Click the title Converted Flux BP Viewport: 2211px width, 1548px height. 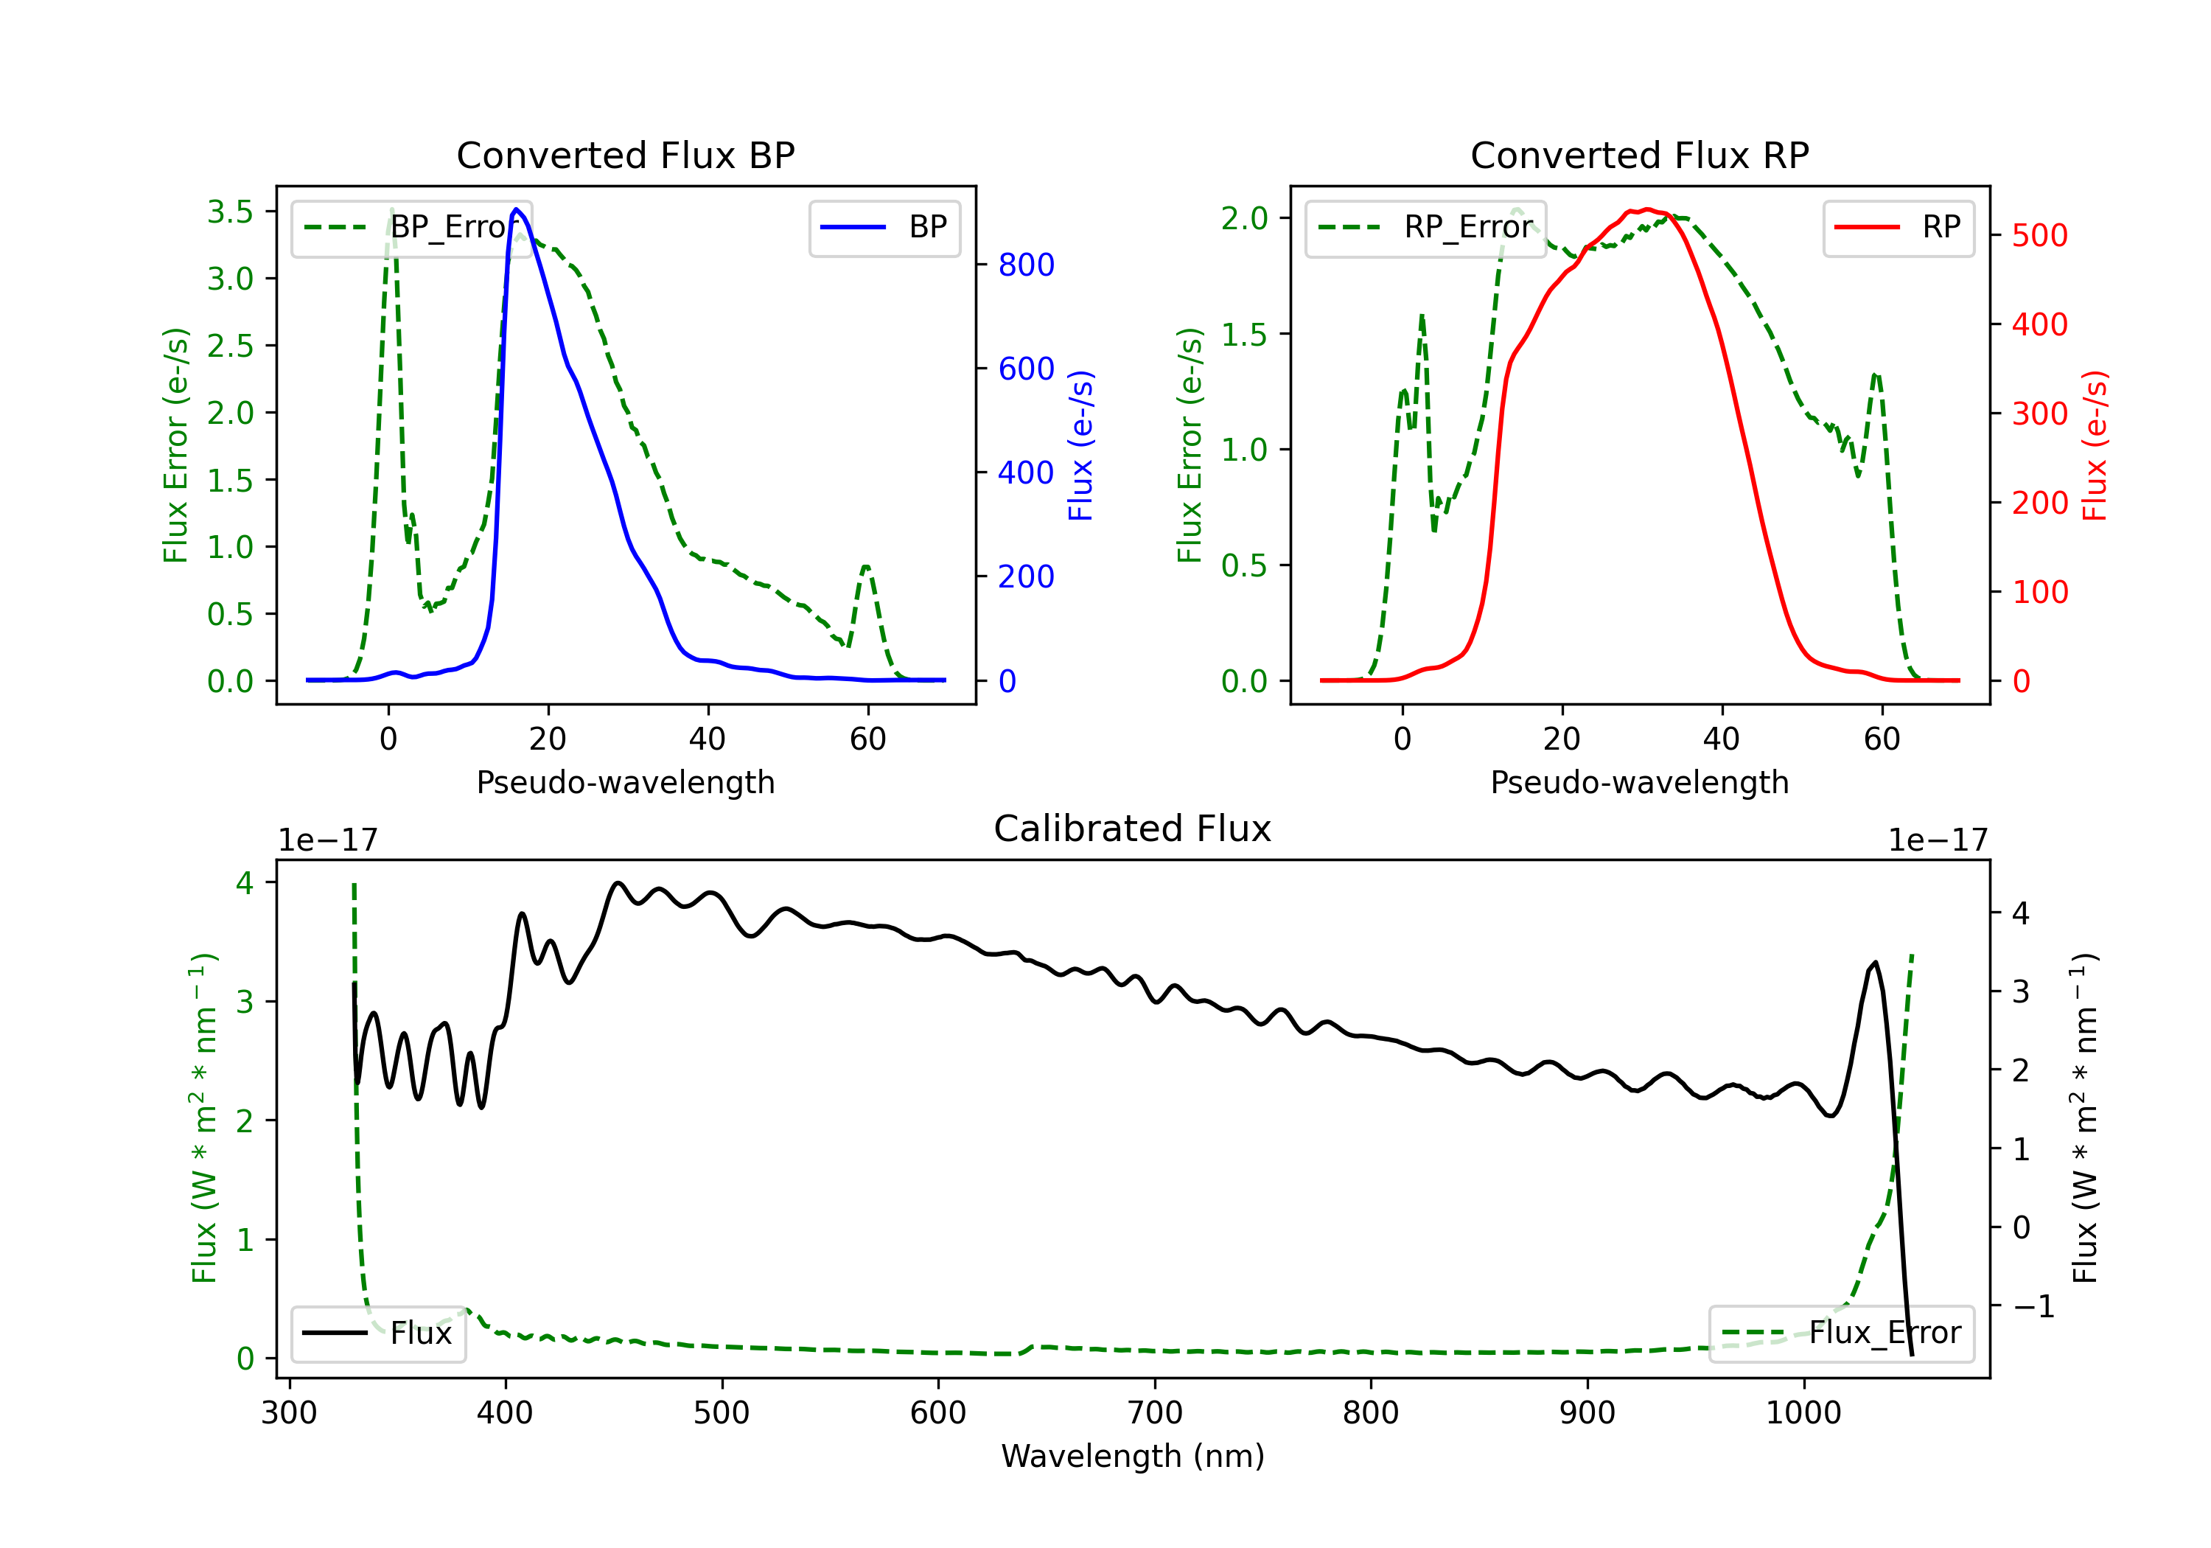[x=625, y=155]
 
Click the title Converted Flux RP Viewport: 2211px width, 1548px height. [x=1639, y=155]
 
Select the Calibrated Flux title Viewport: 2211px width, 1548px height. [x=1133, y=829]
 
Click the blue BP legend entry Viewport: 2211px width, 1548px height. [x=884, y=227]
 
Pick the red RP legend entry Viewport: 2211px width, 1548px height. [x=1898, y=227]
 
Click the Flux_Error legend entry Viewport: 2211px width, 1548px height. [x=1841, y=1333]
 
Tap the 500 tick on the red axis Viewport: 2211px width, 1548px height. [x=2039, y=236]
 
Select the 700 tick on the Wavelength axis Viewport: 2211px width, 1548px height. [x=1155, y=1412]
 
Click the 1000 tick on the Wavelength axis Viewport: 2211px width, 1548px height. [x=1803, y=1412]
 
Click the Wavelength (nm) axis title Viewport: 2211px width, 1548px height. [x=1133, y=1457]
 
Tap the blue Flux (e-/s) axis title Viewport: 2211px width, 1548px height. [x=1080, y=445]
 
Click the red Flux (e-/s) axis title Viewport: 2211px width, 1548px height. [x=2095, y=445]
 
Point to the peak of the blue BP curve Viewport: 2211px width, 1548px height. [x=516, y=209]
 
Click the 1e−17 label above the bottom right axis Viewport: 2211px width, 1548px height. [x=1938, y=841]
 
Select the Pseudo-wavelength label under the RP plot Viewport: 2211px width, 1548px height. [x=1639, y=782]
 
